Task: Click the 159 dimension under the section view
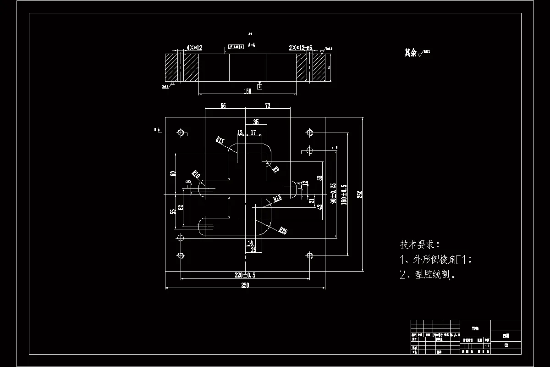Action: coord(247,91)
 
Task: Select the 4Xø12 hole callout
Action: coord(194,47)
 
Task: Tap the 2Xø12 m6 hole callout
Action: coord(300,47)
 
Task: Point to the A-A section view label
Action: coord(252,45)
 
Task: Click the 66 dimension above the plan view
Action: coord(223,106)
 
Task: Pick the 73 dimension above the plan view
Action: coord(268,106)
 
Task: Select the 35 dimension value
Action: coord(255,122)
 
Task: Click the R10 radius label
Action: coord(196,174)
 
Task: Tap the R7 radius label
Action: coord(275,169)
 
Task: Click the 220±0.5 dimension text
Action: coord(245,275)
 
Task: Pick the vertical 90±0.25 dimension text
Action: coord(333,193)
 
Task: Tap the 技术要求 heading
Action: coord(419,244)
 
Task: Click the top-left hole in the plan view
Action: coord(181,133)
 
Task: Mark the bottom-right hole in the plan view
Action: coord(310,256)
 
